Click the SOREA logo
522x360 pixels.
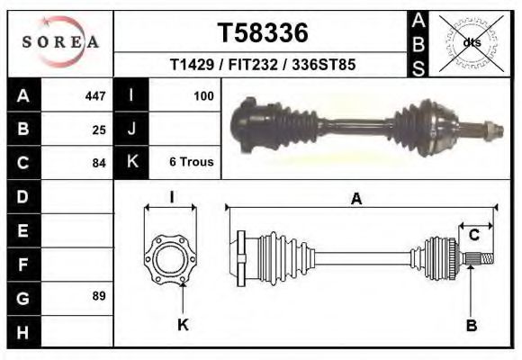(x=60, y=41)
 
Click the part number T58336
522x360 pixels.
(x=263, y=32)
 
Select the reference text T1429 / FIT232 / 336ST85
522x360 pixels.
(x=262, y=65)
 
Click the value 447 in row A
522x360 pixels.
(x=94, y=95)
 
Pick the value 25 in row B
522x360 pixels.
(x=99, y=130)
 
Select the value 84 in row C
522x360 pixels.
(x=99, y=163)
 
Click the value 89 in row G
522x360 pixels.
(x=99, y=296)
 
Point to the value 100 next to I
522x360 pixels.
(x=203, y=95)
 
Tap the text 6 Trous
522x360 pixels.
(x=191, y=163)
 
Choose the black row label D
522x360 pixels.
(x=22, y=196)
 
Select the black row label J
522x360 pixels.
(x=131, y=130)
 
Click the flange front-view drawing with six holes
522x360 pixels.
(x=171, y=258)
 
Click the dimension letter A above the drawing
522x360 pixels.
(x=356, y=200)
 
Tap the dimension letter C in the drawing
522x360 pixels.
(x=473, y=236)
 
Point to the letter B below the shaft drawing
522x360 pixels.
(x=471, y=325)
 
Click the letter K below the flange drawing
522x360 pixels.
(x=183, y=325)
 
